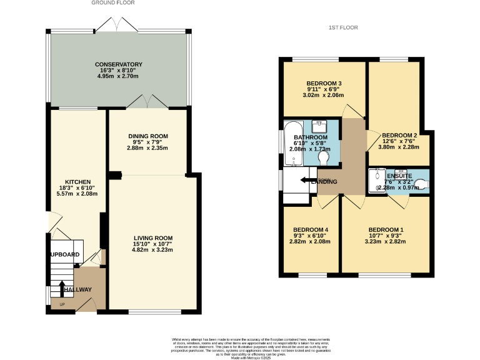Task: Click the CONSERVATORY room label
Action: pyautogui.click(x=119, y=64)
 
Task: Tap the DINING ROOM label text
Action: pyautogui.click(x=148, y=136)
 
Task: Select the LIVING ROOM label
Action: pyautogui.click(x=152, y=237)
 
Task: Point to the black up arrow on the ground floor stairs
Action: pyautogui.click(x=62, y=289)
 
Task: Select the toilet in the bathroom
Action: pyautogui.click(x=324, y=159)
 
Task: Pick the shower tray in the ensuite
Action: pyautogui.click(x=377, y=181)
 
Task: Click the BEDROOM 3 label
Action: pyautogui.click(x=324, y=83)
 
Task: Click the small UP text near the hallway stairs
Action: pyautogui.click(x=62, y=304)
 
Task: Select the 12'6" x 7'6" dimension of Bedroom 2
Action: pyautogui.click(x=399, y=141)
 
